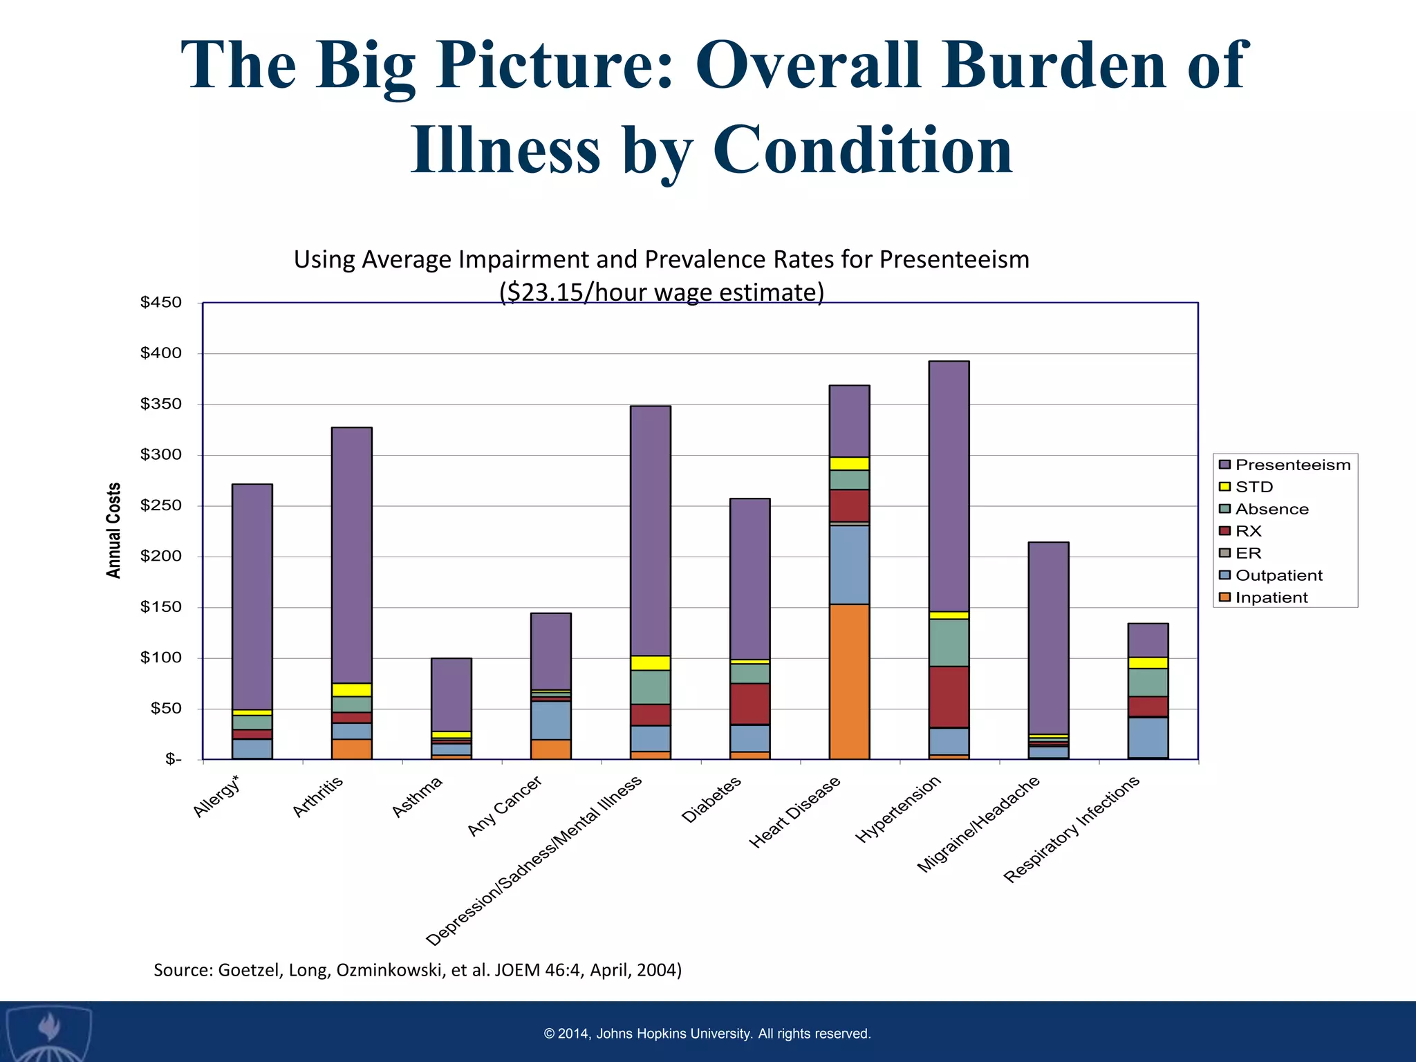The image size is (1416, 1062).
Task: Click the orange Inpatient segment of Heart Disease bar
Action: coord(849,681)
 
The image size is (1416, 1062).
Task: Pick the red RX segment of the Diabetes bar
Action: coord(749,703)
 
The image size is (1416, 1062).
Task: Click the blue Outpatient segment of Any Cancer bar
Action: coord(550,720)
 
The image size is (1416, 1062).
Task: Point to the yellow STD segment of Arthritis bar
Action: coord(351,689)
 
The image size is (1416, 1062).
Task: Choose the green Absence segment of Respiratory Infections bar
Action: coord(1148,682)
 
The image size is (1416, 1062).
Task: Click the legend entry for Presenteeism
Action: coord(1285,465)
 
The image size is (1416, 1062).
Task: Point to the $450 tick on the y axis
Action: coord(160,302)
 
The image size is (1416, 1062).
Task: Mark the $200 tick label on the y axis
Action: coord(160,556)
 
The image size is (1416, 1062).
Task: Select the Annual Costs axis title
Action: coord(113,530)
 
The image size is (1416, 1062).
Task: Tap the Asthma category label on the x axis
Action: coord(417,796)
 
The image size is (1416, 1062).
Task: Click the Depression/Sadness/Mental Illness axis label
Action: coord(534,860)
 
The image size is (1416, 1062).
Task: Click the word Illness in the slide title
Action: coord(505,149)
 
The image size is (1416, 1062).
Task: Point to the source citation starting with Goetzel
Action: coord(417,969)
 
